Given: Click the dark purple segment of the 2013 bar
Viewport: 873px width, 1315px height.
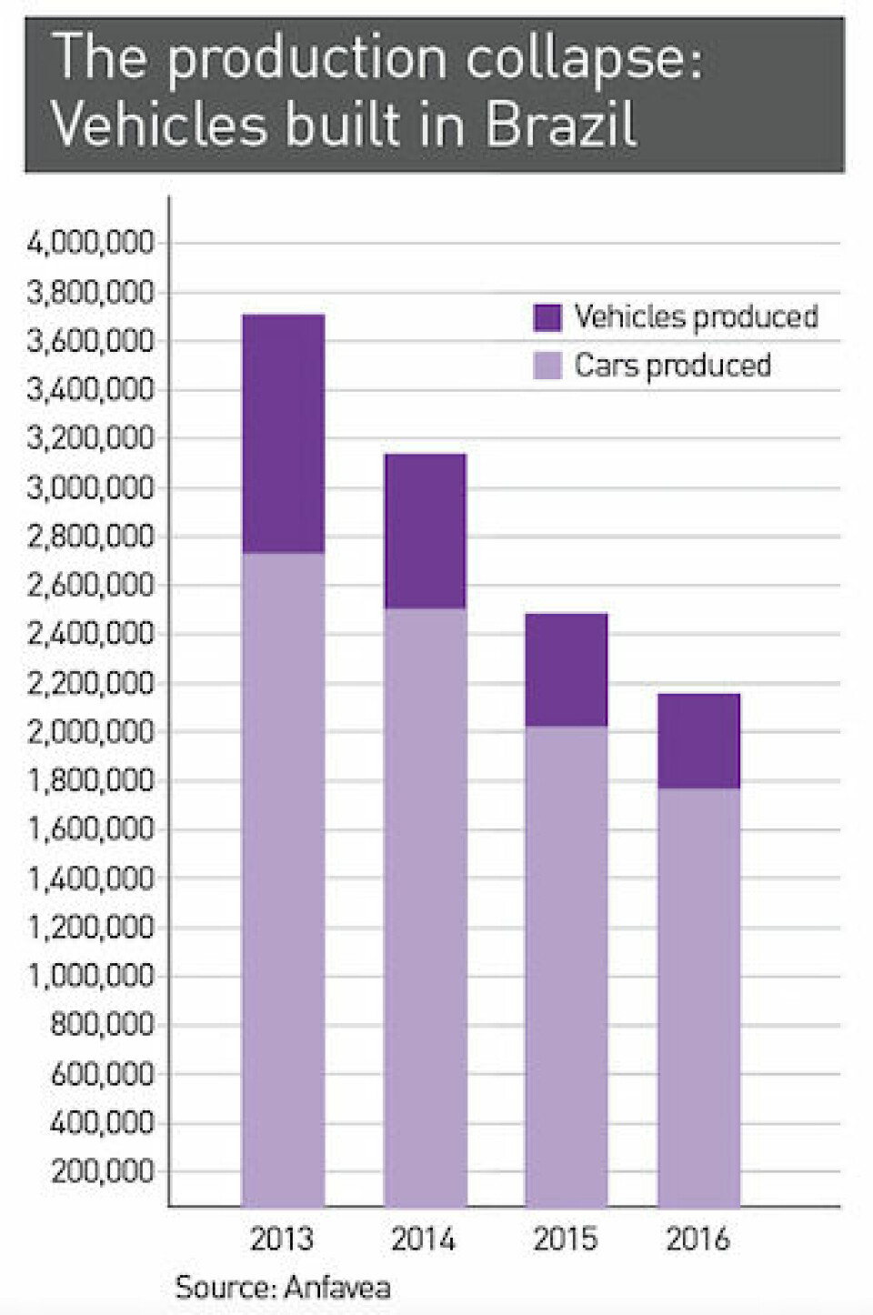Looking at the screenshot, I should [x=283, y=433].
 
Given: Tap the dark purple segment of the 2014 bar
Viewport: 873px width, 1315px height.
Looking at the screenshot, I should [x=425, y=530].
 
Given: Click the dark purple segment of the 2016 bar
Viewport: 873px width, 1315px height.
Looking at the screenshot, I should [x=698, y=740].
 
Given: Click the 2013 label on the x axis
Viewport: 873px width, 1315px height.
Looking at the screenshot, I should [x=281, y=1239].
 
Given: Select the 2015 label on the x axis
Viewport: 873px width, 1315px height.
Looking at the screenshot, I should [x=565, y=1239].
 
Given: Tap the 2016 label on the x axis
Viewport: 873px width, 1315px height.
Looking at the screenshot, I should [x=697, y=1239].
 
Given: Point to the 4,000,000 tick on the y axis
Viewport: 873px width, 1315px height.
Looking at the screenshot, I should [x=91, y=244].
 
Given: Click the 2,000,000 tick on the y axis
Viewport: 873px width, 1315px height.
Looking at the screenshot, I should [x=91, y=732].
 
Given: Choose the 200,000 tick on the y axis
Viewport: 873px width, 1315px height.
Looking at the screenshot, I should [x=103, y=1171].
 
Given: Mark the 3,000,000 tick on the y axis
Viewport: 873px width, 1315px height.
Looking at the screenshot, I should [x=91, y=488].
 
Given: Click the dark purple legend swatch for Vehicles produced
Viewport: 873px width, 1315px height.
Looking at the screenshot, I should [x=547, y=317].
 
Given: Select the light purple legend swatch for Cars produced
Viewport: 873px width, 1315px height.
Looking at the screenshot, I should [x=547, y=366].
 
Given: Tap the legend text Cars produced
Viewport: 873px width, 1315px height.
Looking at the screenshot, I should [x=672, y=366].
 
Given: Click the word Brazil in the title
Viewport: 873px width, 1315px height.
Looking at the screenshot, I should [x=560, y=125].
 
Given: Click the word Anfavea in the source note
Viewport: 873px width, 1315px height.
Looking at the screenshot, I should [x=336, y=1287].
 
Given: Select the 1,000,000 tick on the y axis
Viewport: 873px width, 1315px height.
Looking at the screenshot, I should [x=91, y=976].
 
